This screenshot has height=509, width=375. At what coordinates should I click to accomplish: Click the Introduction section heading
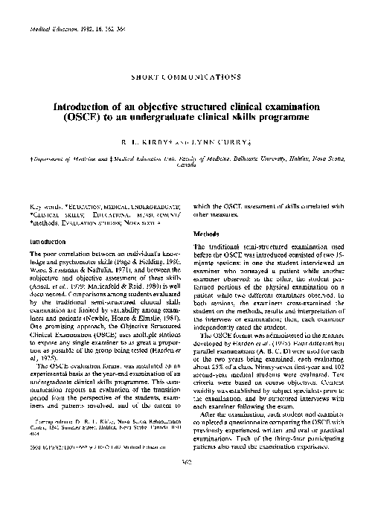click(x=45, y=242)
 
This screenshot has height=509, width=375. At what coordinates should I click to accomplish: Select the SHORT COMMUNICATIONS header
click(x=187, y=75)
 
